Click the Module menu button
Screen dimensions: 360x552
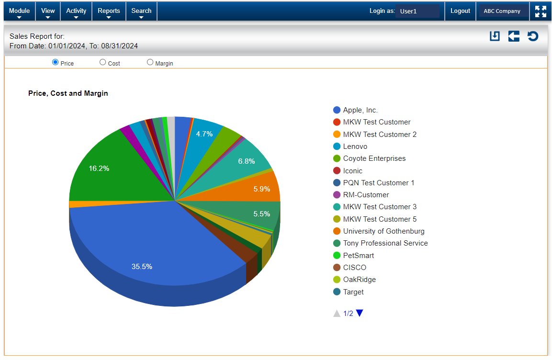[x=19, y=11]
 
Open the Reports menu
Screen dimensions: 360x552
[x=108, y=11]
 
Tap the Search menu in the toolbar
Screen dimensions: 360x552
[x=141, y=11]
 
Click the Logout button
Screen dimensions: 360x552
[x=460, y=11]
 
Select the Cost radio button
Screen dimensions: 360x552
[x=102, y=62]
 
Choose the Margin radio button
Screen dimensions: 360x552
[x=150, y=62]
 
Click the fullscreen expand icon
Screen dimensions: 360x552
[x=541, y=11]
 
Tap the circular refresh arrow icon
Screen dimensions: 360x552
[x=533, y=36]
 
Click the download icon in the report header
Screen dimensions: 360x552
[x=495, y=36]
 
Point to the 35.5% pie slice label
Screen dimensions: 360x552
[x=142, y=267]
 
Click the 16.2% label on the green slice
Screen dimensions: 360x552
[x=99, y=169]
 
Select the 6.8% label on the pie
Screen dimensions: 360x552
[x=247, y=161]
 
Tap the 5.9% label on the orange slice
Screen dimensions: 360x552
[x=262, y=189]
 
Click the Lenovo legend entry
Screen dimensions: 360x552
[x=355, y=146]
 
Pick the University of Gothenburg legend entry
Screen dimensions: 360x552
[x=383, y=231]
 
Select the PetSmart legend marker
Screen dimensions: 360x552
[x=337, y=256]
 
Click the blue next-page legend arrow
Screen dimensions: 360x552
[x=360, y=313]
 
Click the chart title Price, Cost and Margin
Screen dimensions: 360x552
[x=68, y=93]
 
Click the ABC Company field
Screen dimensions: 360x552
[x=502, y=11]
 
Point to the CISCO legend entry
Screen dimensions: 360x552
[x=354, y=268]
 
